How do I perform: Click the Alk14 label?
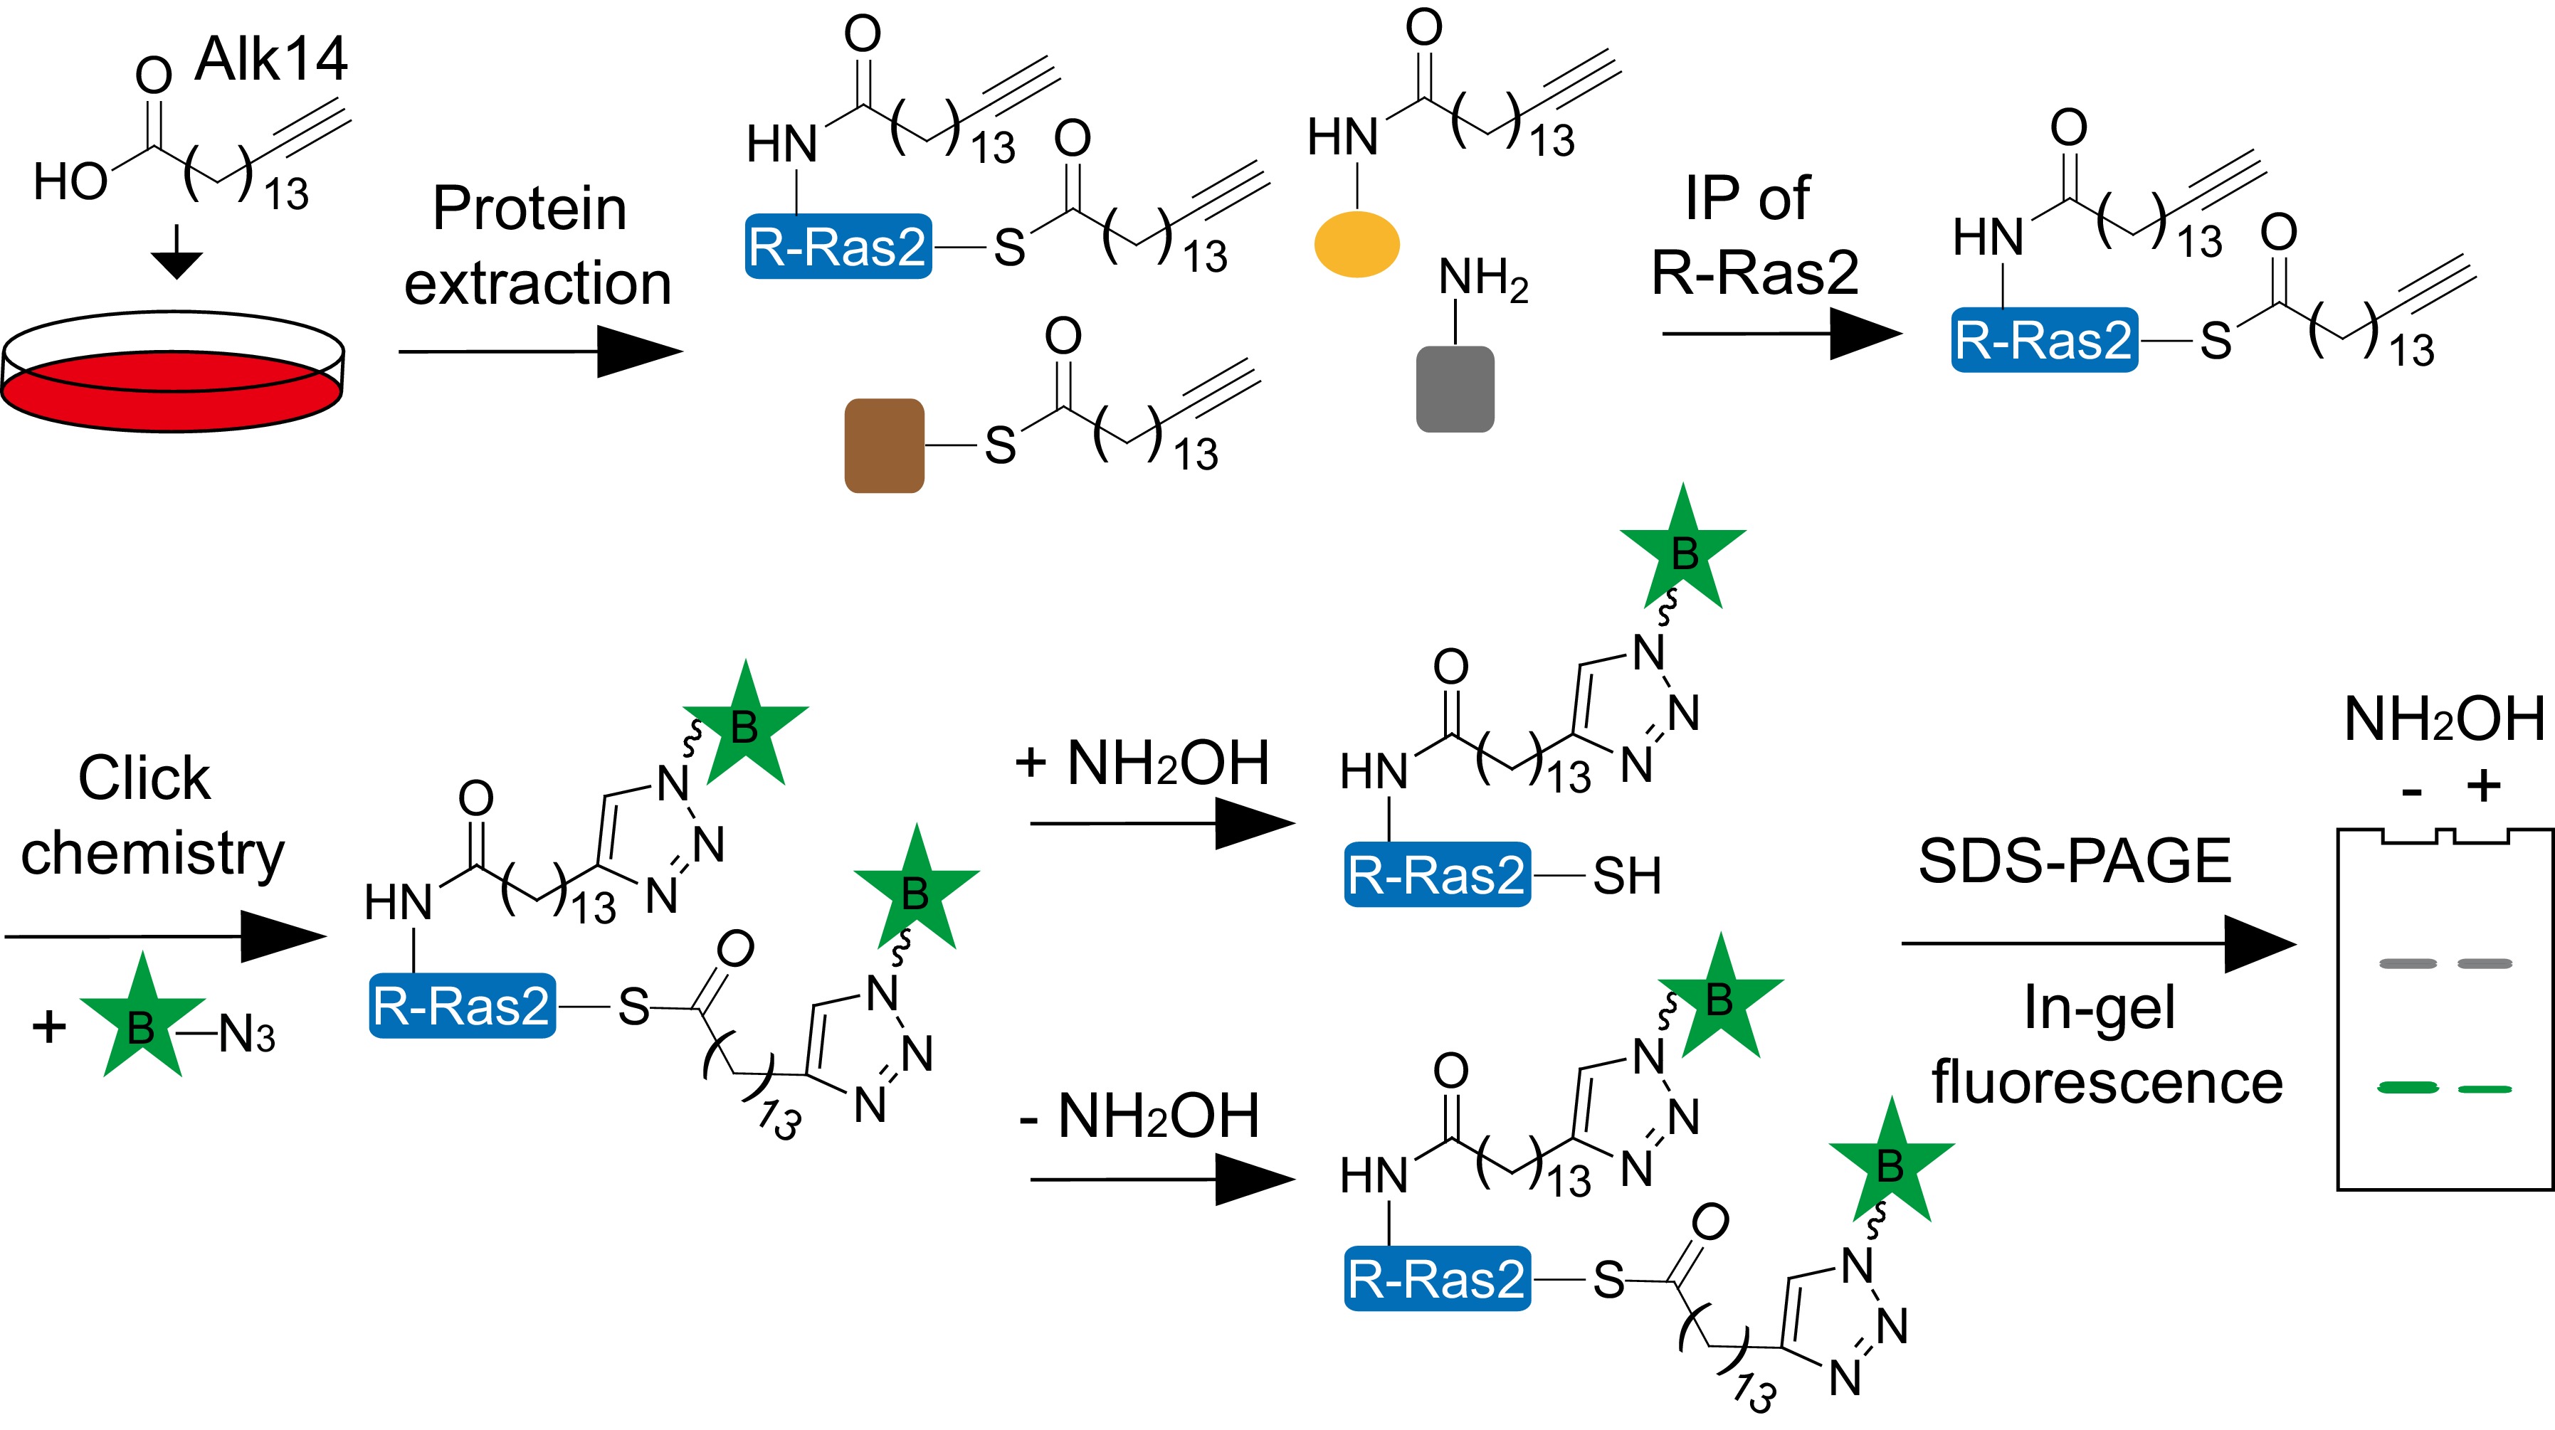[x=270, y=60]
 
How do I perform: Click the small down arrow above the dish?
[x=177, y=256]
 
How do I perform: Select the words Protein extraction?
[x=536, y=246]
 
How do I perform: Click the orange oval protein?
[x=1356, y=243]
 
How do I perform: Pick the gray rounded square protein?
[x=1455, y=388]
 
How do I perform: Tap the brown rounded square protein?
[x=884, y=445]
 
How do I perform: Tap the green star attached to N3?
[x=142, y=1022]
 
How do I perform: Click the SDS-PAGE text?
[x=2074, y=861]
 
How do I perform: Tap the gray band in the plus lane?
[x=2485, y=963]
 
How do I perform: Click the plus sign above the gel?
[x=2484, y=786]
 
